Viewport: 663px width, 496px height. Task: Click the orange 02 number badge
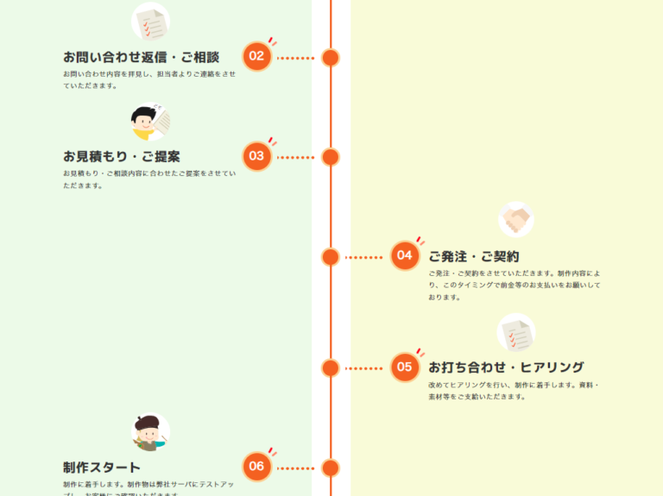(256, 57)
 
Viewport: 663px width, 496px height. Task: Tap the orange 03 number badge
(256, 156)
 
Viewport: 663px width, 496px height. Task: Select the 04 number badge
(404, 255)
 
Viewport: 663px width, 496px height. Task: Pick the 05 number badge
(404, 367)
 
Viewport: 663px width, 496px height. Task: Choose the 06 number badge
(256, 467)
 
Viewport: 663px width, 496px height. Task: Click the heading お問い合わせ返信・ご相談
(141, 57)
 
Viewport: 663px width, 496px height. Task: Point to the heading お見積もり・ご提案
(122, 156)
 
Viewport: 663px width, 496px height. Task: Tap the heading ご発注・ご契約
(474, 256)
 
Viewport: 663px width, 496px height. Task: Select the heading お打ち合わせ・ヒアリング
(506, 367)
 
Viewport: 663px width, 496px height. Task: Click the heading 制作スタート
(102, 467)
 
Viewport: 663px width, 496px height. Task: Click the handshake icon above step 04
(516, 219)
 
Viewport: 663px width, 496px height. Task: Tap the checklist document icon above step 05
(516, 332)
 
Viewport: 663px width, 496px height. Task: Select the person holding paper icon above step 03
(150, 122)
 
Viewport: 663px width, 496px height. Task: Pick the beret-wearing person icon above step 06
(150, 432)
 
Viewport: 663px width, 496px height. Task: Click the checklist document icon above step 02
(150, 22)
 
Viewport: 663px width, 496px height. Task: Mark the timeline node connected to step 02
(330, 58)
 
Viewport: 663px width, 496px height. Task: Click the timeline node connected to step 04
(330, 256)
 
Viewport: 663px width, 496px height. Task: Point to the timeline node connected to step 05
(330, 367)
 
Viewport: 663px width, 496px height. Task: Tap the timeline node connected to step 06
(330, 468)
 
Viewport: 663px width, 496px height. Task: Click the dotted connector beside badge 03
(295, 157)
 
